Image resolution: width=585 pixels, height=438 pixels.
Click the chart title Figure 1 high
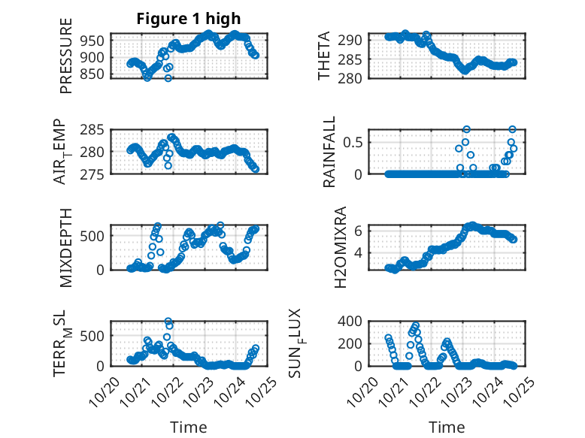coord(188,19)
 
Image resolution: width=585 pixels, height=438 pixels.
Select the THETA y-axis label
coord(324,56)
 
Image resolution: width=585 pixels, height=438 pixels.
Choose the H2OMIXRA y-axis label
coord(340,247)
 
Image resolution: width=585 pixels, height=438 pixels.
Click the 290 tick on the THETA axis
coord(355,39)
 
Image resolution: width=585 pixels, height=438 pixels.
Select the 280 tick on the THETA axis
coord(355,78)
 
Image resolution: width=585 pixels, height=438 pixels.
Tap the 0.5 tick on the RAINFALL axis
coord(356,141)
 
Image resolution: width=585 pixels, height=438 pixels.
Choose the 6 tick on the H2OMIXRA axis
coord(360,230)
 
